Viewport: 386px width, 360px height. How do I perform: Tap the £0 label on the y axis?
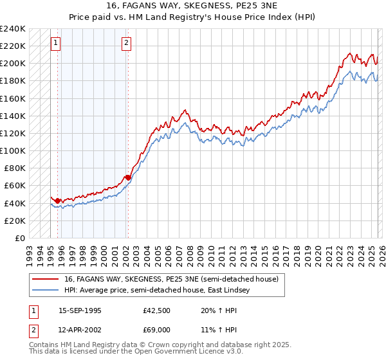tap(19, 238)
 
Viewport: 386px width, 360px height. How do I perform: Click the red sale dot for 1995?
tap(58, 201)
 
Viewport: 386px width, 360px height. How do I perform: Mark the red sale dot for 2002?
tap(128, 177)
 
